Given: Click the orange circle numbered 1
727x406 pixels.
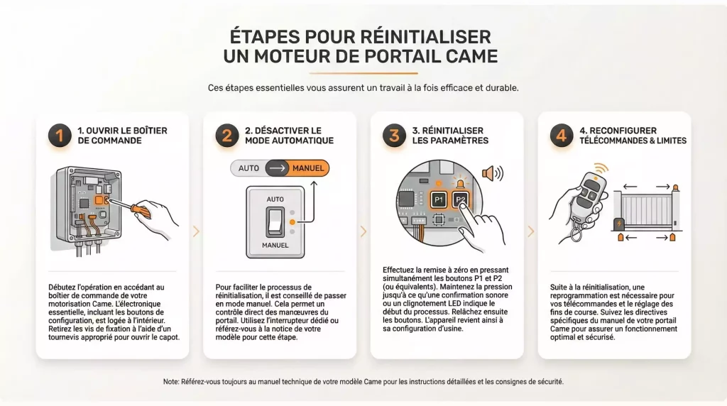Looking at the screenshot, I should click(x=60, y=135).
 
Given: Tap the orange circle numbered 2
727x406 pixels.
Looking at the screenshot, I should click(x=227, y=135).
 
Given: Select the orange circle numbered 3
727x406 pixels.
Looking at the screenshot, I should click(x=394, y=135).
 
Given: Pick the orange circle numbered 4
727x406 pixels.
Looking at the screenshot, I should click(x=562, y=135).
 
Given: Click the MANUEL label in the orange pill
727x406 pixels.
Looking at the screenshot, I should click(x=307, y=168).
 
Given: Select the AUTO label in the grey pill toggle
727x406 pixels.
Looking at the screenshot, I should click(x=248, y=168).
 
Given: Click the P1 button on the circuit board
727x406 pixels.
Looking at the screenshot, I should click(x=439, y=201).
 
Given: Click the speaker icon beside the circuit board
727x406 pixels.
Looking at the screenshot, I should click(x=491, y=173).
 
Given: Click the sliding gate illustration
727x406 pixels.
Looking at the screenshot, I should click(x=646, y=209).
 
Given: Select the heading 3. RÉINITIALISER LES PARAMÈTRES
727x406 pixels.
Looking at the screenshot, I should click(x=450, y=136).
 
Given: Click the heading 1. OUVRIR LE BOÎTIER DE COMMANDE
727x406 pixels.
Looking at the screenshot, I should click(x=120, y=136).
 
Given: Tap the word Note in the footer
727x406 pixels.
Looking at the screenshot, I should click(x=171, y=382).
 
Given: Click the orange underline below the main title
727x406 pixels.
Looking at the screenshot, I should click(x=363, y=73).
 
